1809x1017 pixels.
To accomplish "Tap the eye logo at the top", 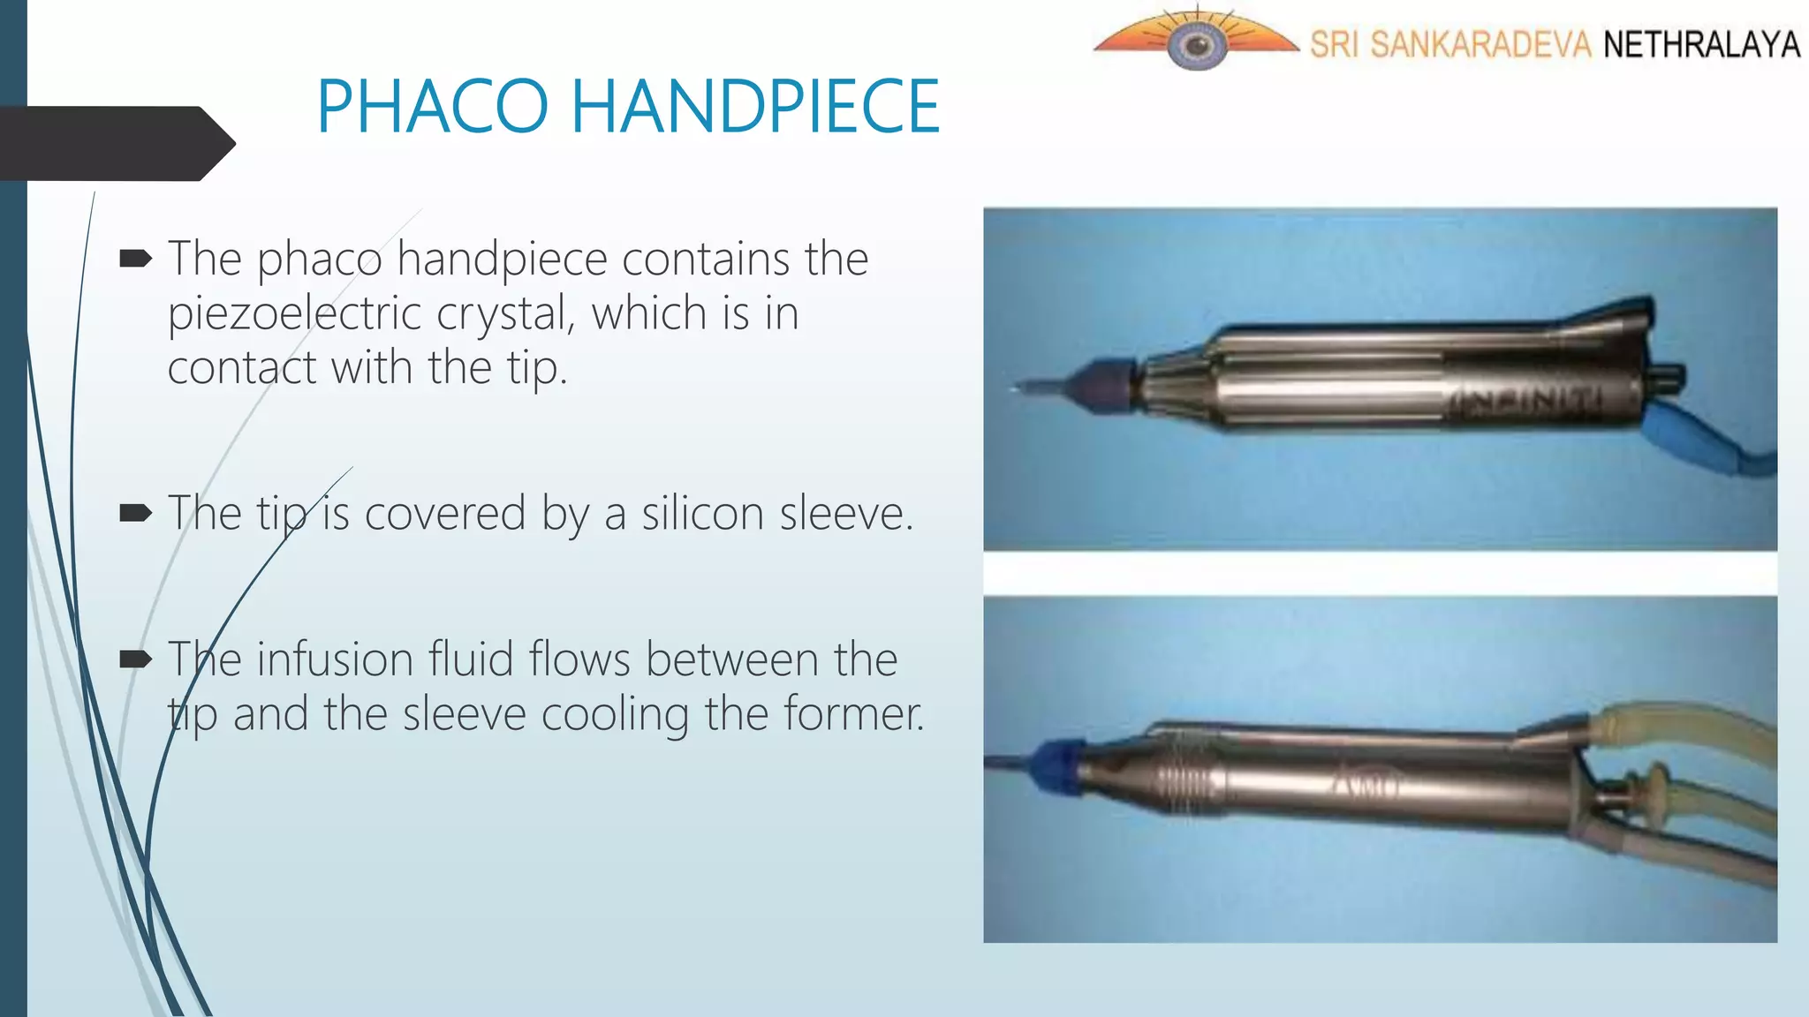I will click(1196, 42).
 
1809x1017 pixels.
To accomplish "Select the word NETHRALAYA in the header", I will click(1701, 44).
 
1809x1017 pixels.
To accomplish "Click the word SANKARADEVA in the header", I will click(1480, 44).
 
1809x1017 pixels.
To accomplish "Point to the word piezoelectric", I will click(294, 314).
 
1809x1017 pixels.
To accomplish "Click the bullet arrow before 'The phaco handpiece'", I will click(135, 259).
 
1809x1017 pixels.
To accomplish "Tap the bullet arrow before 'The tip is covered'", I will click(135, 513).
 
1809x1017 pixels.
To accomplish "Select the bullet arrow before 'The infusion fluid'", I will click(135, 659).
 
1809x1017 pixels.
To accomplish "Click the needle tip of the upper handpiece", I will click(1025, 386).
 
